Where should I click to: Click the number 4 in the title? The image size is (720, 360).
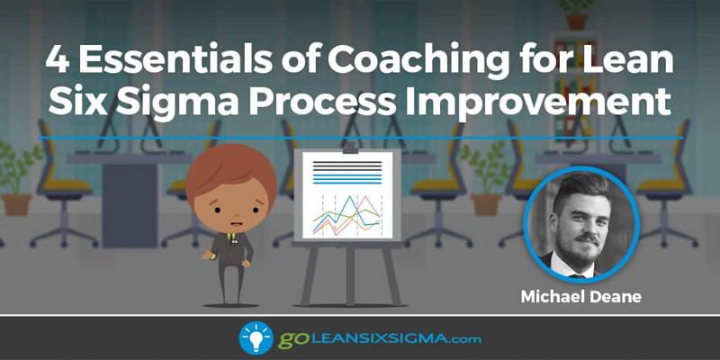[58, 59]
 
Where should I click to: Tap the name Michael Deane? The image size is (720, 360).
[580, 296]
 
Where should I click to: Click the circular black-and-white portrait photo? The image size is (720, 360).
[580, 223]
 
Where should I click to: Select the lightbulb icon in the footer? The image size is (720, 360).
[256, 338]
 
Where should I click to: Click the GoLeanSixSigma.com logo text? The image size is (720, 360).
[379, 339]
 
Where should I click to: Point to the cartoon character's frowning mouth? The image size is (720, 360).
[236, 224]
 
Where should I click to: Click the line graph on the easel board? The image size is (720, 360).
[346, 215]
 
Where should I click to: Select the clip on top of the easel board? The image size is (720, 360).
[350, 148]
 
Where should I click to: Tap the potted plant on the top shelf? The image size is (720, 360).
[576, 13]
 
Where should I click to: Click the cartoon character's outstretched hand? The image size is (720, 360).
[207, 255]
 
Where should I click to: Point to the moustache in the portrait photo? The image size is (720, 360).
[587, 238]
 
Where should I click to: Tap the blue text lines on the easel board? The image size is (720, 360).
[347, 178]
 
